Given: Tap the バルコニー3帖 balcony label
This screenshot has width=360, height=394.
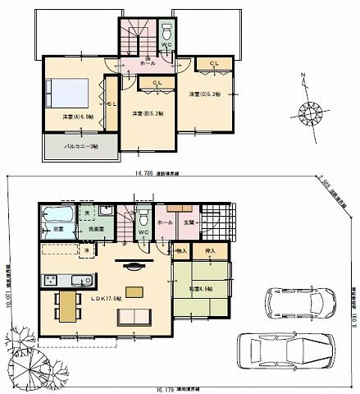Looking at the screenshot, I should tap(81, 146).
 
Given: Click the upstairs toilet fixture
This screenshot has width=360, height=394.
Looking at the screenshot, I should tap(167, 33).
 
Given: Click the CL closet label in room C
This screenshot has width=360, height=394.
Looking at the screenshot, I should tap(214, 63).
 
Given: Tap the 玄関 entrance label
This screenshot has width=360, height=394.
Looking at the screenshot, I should tap(188, 222).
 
